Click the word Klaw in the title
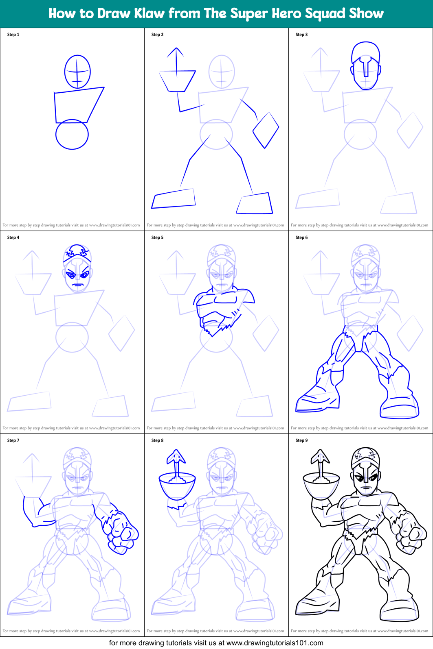click(x=149, y=13)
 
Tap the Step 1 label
click(x=13, y=35)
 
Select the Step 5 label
click(x=157, y=237)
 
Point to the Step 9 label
click(x=301, y=440)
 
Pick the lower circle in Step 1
click(x=72, y=135)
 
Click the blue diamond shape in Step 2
click(x=266, y=130)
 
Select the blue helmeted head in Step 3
click(x=366, y=65)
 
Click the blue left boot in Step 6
click(x=318, y=401)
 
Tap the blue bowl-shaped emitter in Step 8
click(x=177, y=486)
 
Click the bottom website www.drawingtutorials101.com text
click(x=275, y=643)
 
